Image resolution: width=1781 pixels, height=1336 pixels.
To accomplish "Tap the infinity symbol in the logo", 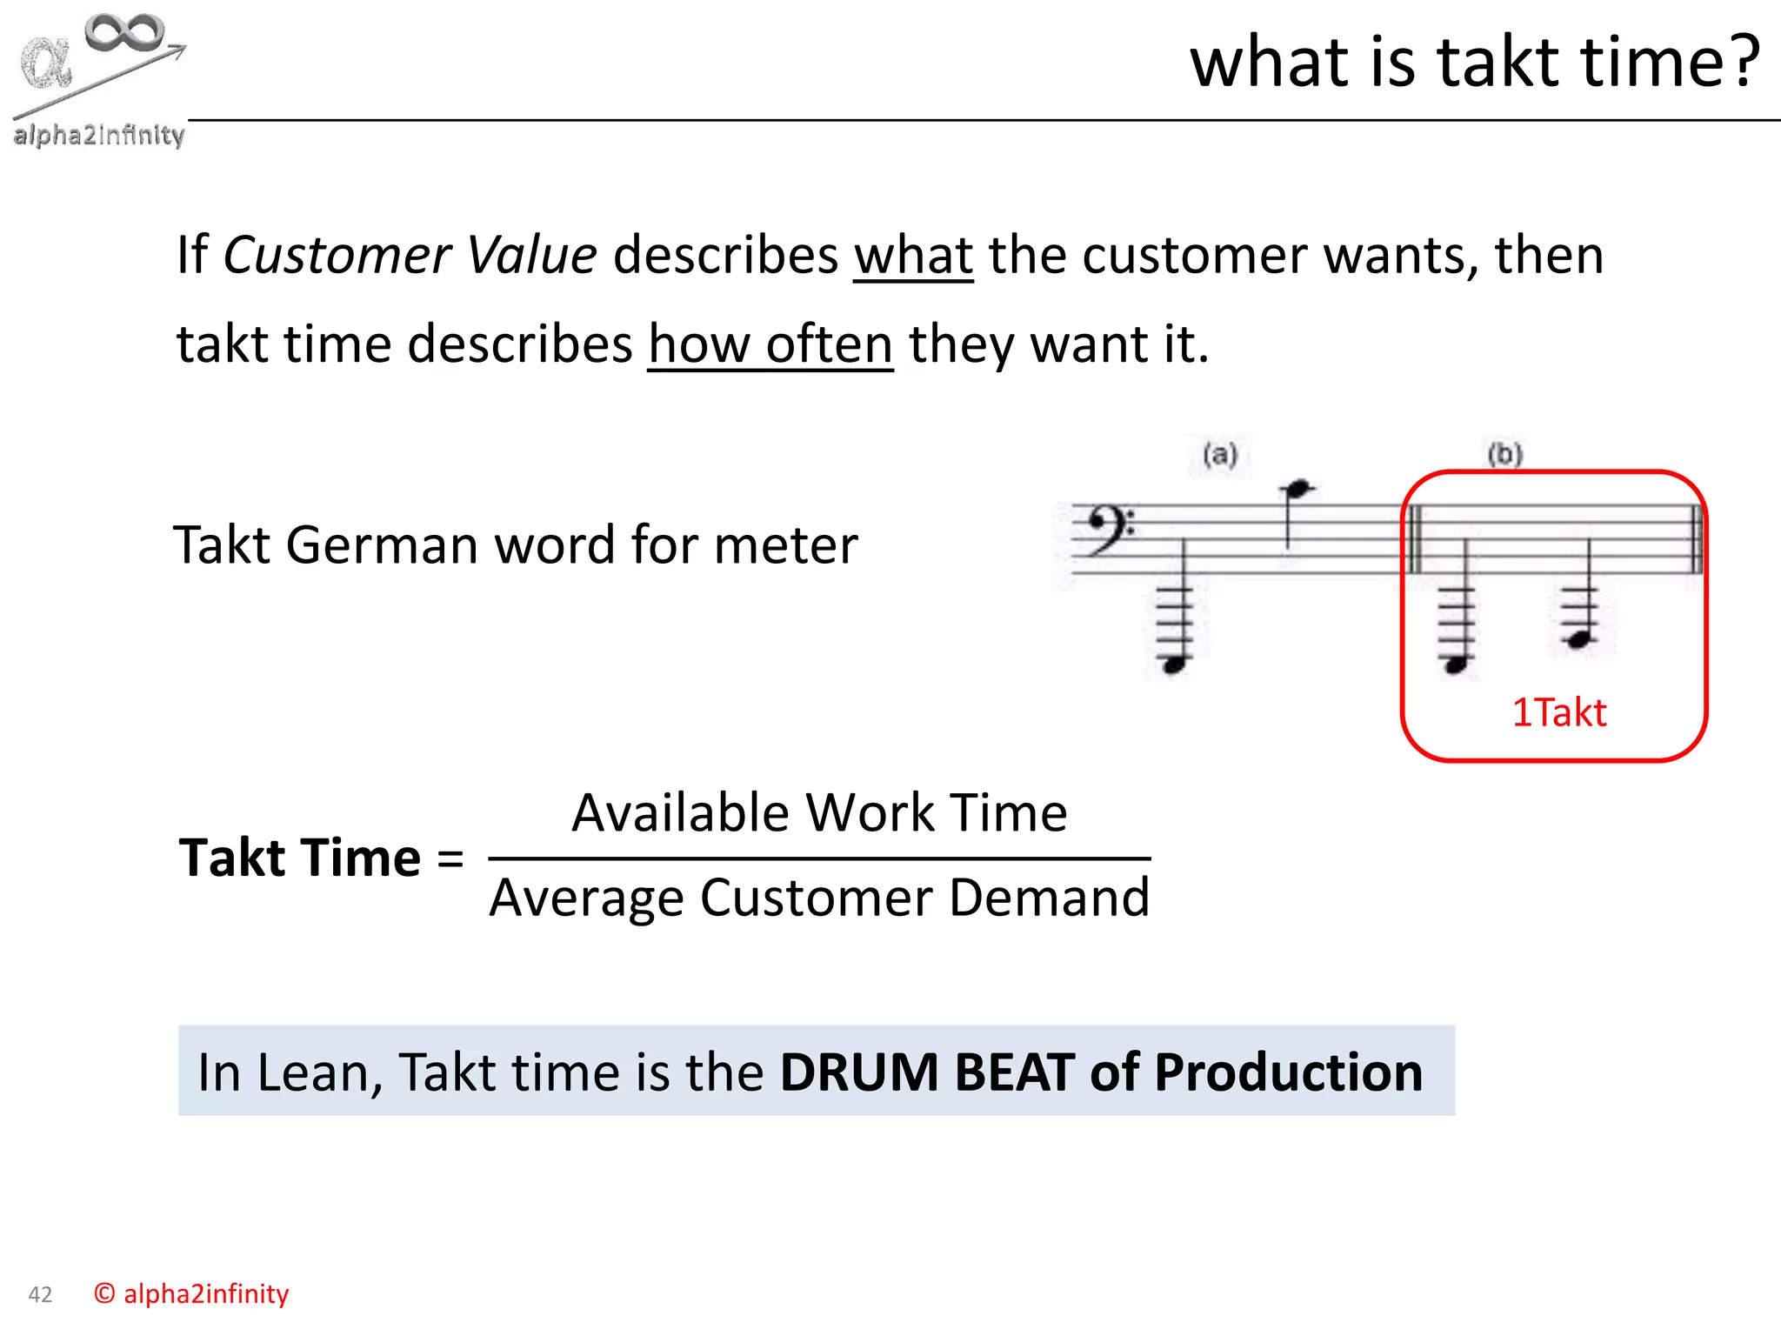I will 125,33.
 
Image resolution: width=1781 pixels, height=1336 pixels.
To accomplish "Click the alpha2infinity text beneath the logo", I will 99,135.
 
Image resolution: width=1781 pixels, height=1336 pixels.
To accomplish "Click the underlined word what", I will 913,255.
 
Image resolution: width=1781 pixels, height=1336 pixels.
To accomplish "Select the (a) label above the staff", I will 1220,454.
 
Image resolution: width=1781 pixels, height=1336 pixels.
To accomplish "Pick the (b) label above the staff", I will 1504,454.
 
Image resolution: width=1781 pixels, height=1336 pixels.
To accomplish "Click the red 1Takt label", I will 1558,712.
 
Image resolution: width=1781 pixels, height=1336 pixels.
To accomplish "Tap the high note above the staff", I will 1297,490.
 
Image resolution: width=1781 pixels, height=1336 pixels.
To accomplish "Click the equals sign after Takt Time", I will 450,858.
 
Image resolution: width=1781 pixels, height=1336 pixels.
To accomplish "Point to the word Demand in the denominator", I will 1049,898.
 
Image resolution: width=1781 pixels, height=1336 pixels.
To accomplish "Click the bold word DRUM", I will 859,1072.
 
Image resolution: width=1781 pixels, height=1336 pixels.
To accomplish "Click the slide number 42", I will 40,1294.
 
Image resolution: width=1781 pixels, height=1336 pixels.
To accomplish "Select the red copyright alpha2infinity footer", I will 191,1293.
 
